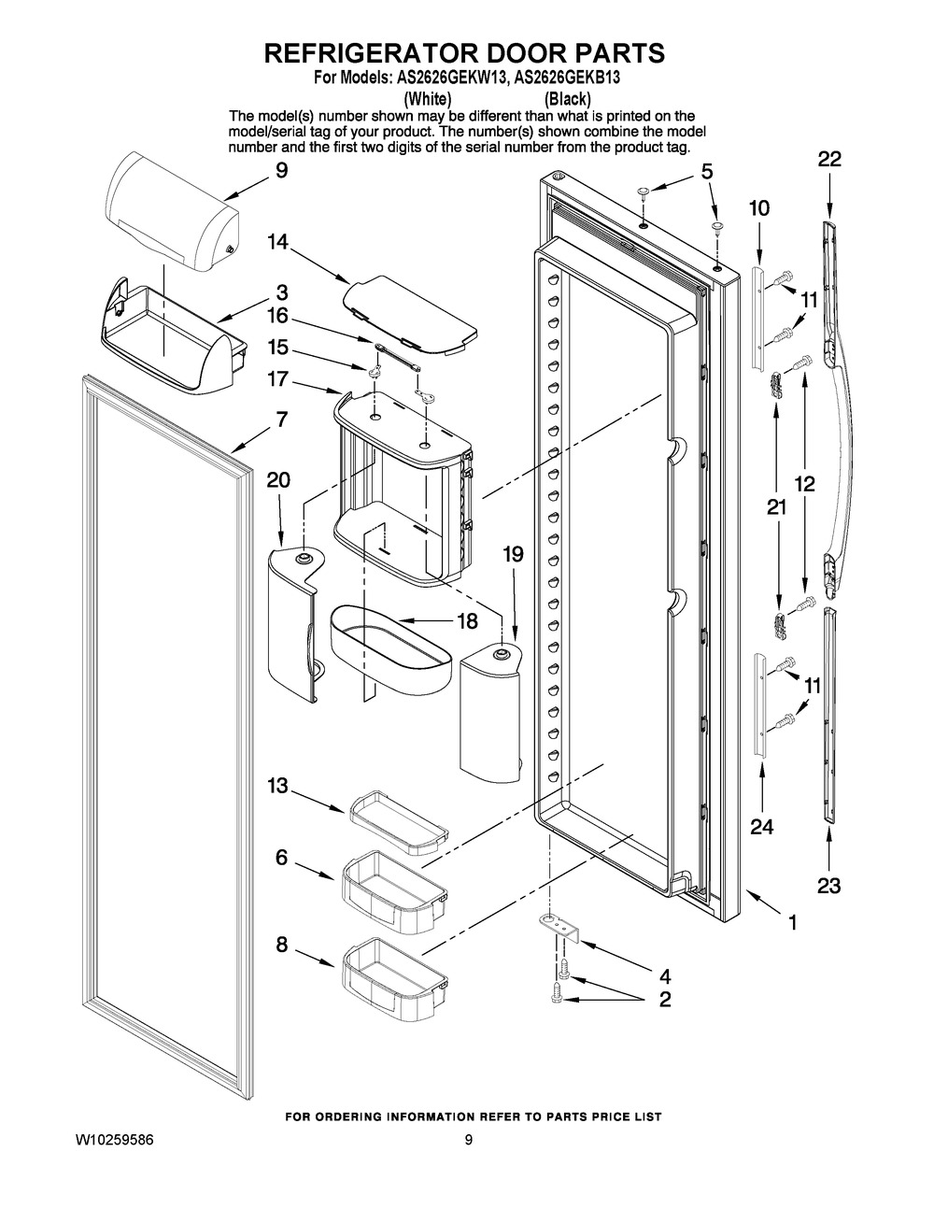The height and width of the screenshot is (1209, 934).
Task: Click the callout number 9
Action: pos(282,170)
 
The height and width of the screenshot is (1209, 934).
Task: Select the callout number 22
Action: pos(829,159)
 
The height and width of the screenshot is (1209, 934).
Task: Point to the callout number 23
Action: pos(828,885)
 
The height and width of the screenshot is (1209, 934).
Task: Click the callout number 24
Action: pos(761,827)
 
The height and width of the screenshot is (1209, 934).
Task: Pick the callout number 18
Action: pos(466,620)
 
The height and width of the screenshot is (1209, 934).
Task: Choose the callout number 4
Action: pos(665,975)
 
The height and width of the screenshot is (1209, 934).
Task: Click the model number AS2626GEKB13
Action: pos(567,78)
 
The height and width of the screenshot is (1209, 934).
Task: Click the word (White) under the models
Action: pos(427,99)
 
